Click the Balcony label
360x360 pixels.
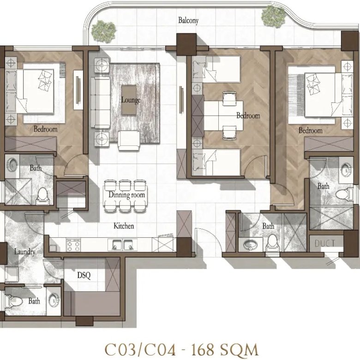188,20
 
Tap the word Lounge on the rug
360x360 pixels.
131,100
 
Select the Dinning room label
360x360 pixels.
127,195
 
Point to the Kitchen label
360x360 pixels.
124,226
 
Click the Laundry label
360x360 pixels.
24,252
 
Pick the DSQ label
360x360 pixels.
84,275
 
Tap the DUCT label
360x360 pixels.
325,243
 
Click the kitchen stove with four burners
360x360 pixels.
73,245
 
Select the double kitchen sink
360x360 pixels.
123,245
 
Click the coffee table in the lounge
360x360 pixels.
129,100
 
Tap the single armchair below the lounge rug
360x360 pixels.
129,141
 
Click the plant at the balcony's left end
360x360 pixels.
103,31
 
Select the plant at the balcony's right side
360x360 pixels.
273,17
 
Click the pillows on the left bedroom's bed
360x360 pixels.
45,79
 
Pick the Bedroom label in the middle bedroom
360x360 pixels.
248,115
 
